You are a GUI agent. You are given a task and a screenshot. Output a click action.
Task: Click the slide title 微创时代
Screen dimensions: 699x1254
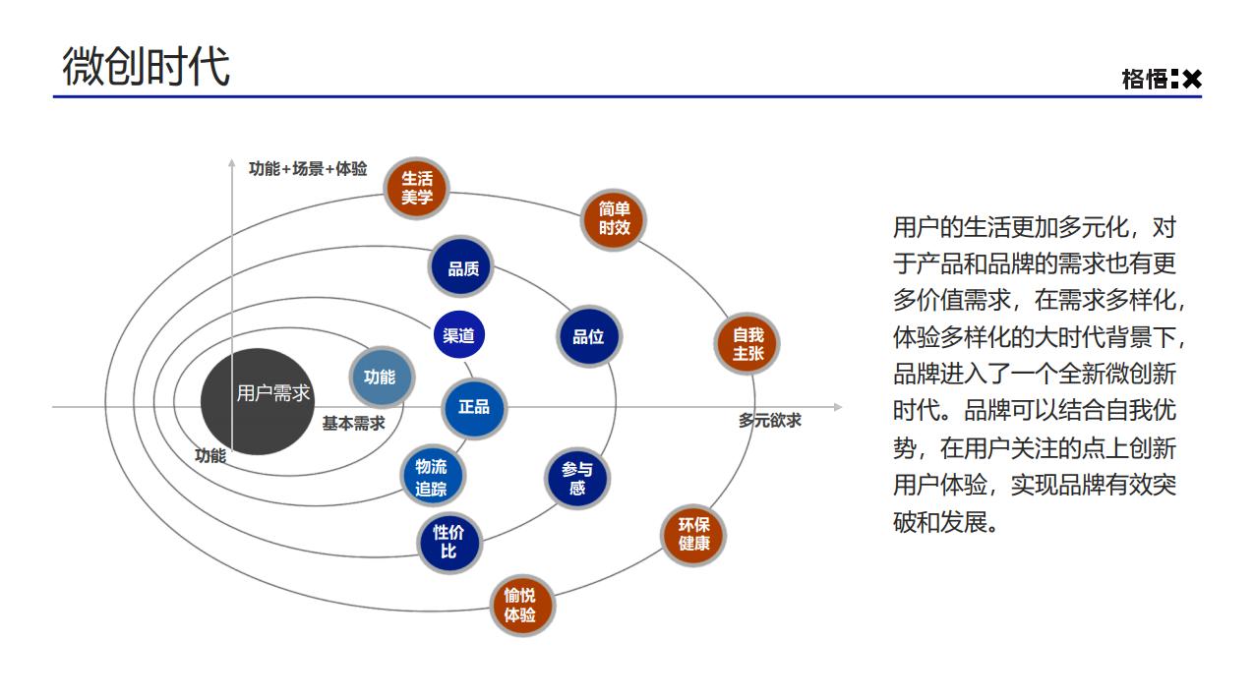coord(146,67)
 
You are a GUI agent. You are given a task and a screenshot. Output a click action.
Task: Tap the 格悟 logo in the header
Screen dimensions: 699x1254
coord(1161,79)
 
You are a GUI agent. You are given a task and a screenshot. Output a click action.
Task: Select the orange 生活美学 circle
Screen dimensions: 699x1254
coord(417,188)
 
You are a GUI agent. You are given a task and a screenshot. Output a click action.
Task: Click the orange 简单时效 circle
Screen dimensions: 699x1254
coord(615,218)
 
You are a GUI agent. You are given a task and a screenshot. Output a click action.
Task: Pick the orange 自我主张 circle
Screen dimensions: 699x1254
coord(747,343)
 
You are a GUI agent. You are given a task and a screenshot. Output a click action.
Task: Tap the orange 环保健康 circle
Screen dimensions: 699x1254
coord(693,534)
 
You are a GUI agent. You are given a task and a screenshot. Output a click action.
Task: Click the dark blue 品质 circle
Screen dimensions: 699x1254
coord(461,267)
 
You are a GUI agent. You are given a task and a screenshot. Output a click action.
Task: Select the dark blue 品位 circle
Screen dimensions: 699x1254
coord(588,337)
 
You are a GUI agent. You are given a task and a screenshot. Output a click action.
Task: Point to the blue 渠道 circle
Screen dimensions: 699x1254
coord(458,335)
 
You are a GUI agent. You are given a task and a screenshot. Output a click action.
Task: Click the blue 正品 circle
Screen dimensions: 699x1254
coord(474,406)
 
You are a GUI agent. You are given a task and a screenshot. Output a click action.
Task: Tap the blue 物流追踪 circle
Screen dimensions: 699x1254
coord(431,477)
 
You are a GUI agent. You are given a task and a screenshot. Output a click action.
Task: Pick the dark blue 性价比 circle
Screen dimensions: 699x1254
coord(448,542)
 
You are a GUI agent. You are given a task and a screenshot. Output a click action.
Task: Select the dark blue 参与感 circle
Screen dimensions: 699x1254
coord(577,479)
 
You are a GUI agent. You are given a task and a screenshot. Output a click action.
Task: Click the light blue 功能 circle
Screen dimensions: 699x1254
coord(380,377)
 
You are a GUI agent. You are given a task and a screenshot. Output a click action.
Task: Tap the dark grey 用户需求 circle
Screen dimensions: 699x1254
coord(254,401)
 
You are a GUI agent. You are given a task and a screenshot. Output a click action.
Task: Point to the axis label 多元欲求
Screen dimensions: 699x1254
coord(770,420)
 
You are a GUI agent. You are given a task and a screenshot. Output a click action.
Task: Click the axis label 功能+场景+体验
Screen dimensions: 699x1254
coord(308,169)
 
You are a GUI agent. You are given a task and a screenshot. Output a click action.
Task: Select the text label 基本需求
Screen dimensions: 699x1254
coord(353,424)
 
